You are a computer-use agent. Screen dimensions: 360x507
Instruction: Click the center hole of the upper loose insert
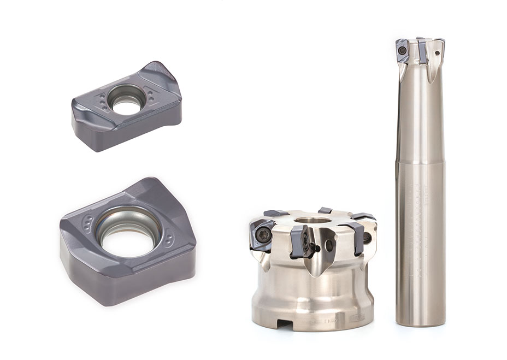pos(127,102)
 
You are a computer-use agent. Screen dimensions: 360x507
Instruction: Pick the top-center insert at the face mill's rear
pos(325,210)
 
